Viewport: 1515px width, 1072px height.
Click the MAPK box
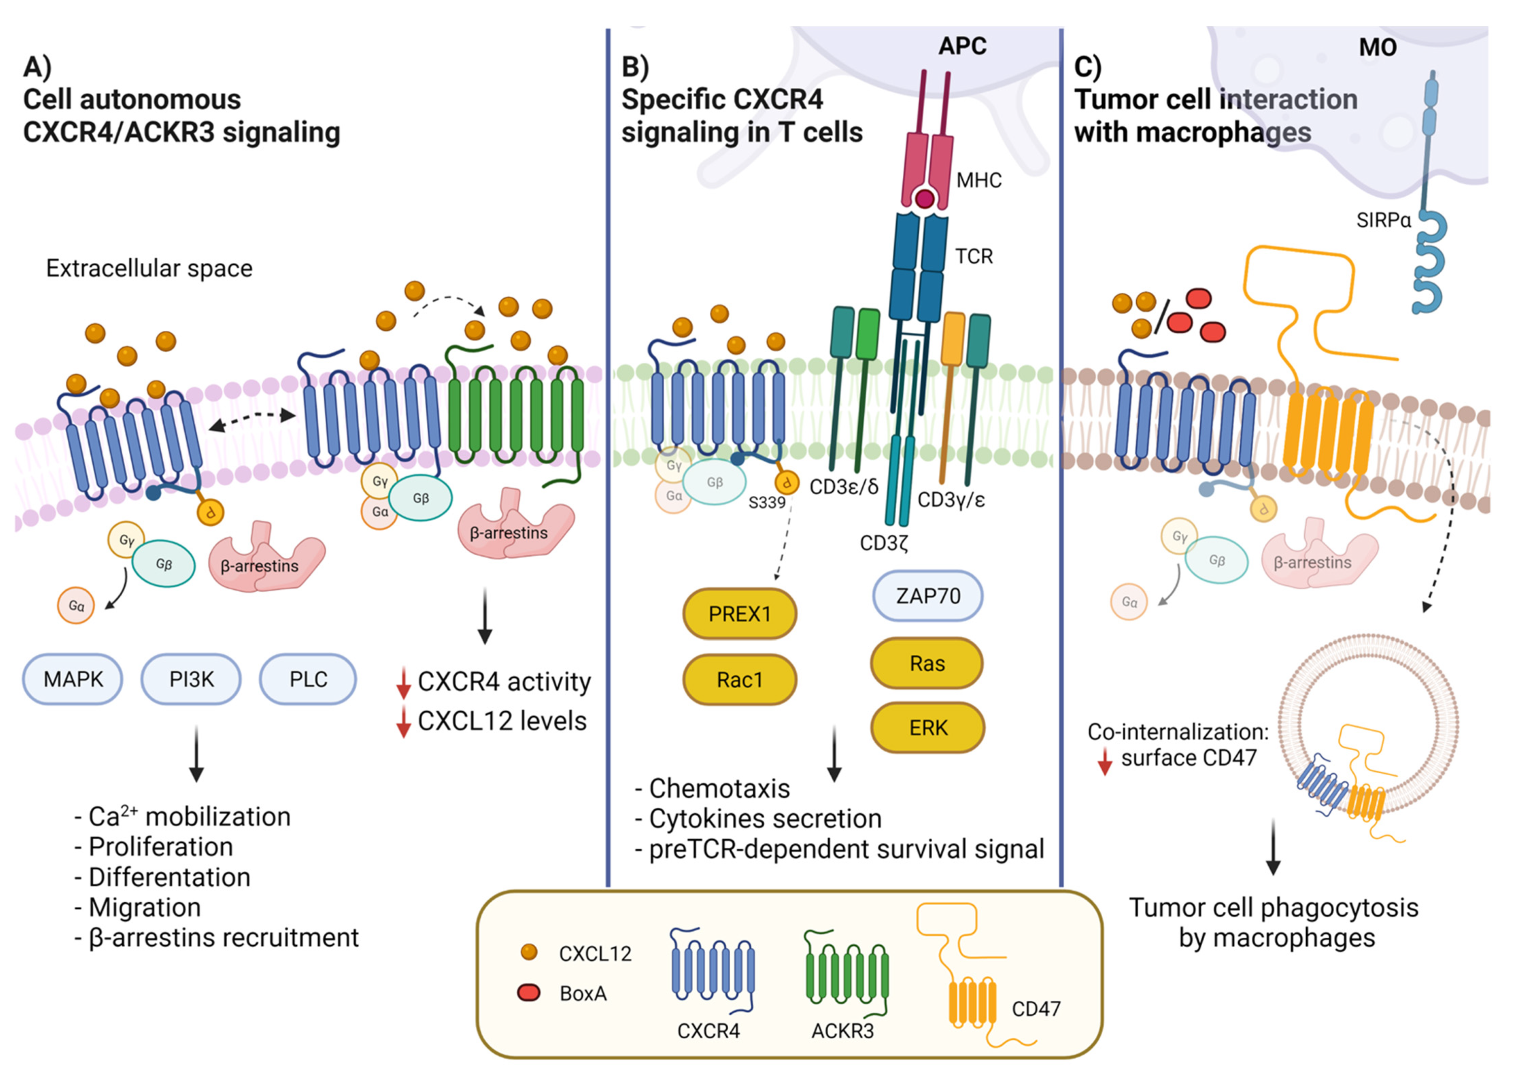(73, 679)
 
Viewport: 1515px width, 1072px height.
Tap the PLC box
(308, 679)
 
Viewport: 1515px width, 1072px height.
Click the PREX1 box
(740, 614)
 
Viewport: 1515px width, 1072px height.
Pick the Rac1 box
(740, 679)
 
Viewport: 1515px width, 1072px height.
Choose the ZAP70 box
(927, 596)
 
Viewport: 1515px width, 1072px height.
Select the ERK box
(927, 727)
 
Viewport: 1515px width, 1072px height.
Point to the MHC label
(979, 180)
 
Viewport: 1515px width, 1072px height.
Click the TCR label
(974, 256)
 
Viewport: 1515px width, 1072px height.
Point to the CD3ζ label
(884, 543)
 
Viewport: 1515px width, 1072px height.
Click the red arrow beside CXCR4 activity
(403, 683)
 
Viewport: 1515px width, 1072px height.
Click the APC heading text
(962, 46)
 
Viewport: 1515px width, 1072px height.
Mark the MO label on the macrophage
(1378, 48)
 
